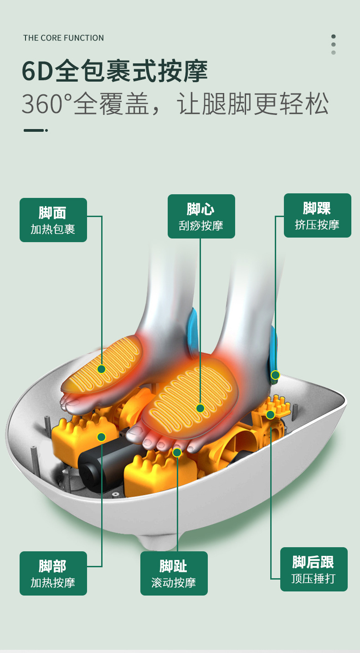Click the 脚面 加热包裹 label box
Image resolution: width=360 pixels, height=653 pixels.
tap(53, 220)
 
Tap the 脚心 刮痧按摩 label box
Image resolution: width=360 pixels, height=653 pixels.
tap(201, 216)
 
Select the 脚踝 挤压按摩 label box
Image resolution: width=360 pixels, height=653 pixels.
tap(317, 215)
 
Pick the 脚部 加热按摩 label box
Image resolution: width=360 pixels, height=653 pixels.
tap(53, 573)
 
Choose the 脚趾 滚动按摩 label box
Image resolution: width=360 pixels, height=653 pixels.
tap(174, 573)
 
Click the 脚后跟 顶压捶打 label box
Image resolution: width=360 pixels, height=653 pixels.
tap(314, 569)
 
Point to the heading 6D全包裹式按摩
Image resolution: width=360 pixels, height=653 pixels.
tap(115, 71)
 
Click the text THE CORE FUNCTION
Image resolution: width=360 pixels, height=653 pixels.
tap(63, 38)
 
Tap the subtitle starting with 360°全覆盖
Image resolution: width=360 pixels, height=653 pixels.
tap(175, 104)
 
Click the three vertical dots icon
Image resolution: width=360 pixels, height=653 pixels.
tap(334, 45)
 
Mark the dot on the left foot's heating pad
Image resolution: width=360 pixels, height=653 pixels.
tap(101, 369)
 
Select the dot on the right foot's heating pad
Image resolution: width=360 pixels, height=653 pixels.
tap(200, 408)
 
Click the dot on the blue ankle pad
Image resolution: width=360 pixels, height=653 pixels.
tap(275, 375)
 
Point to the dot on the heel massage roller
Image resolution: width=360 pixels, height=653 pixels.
tap(270, 415)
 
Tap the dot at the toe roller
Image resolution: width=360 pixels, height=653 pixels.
tap(177, 452)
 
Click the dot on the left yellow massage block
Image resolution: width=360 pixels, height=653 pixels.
tap(101, 437)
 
